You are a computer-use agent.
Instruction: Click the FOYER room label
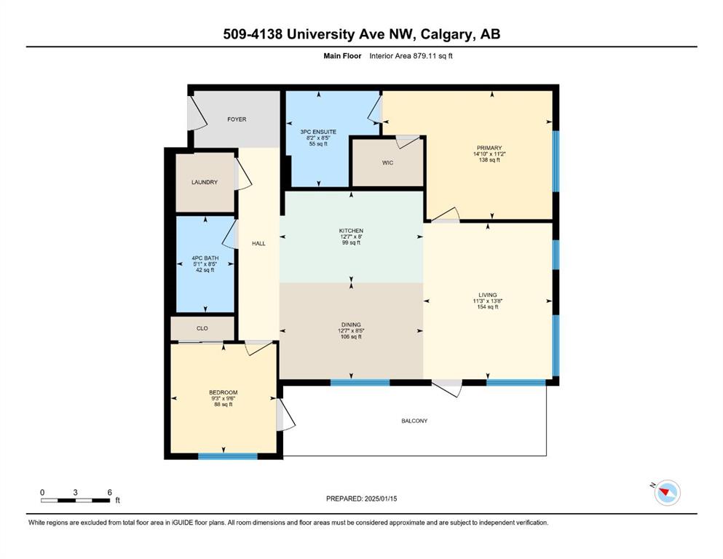click(237, 119)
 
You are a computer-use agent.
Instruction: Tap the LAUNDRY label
click(205, 182)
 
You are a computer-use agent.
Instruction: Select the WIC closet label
click(388, 162)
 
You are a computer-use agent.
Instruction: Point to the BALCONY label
click(414, 421)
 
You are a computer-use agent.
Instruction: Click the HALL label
click(258, 243)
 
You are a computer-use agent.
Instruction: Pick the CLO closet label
click(202, 328)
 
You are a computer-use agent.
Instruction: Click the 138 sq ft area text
click(489, 160)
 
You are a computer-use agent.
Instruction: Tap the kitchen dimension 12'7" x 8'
click(352, 237)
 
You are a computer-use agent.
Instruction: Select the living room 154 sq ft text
click(488, 307)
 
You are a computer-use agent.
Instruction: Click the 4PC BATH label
click(205, 258)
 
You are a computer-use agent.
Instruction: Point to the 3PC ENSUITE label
click(318, 132)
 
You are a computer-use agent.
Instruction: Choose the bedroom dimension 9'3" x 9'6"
click(224, 399)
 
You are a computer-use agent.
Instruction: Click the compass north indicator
click(667, 493)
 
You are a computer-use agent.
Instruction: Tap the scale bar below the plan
click(76, 500)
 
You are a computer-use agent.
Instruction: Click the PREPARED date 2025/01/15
click(361, 499)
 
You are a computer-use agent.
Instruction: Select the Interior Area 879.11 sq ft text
click(411, 56)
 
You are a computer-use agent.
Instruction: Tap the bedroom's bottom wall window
click(228, 456)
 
